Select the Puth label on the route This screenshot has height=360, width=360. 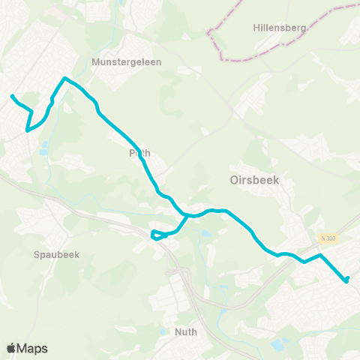tap(139, 153)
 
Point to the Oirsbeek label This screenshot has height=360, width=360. tap(250, 180)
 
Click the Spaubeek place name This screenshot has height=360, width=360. tap(56, 254)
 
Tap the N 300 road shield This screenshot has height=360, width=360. tap(328, 238)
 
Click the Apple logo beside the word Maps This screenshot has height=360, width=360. tap(12, 348)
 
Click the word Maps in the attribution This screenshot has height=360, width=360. tap(32, 348)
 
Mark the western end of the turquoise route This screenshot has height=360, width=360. tap(12, 96)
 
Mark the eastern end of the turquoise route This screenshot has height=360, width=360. tap(347, 280)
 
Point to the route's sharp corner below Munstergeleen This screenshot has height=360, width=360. tap(65, 78)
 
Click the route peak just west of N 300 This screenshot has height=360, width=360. tap(320, 256)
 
